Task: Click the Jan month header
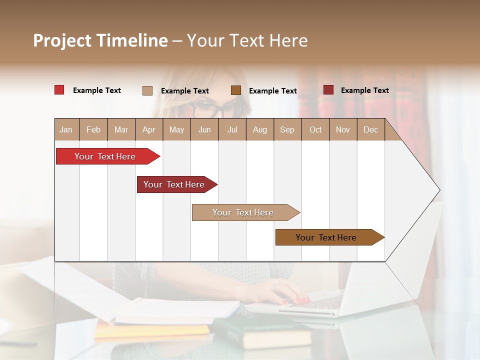pos(66,129)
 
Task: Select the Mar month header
pos(121,129)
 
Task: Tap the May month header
pos(176,129)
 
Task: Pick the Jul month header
pos(232,129)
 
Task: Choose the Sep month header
pos(287,129)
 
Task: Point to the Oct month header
pos(315,129)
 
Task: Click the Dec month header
pos(370,129)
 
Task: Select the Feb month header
pos(93,129)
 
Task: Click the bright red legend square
pos(59,90)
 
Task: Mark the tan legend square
pos(147,90)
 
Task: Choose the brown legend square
pos(236,90)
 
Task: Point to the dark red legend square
pos(328,90)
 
